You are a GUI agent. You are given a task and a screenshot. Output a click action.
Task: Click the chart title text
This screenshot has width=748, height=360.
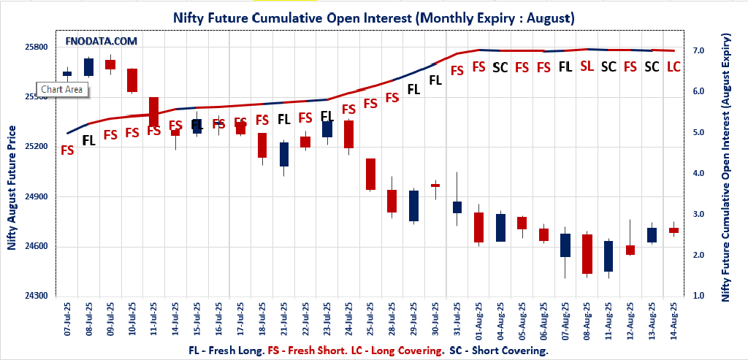[373, 16]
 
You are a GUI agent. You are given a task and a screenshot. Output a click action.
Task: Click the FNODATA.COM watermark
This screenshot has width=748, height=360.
[102, 42]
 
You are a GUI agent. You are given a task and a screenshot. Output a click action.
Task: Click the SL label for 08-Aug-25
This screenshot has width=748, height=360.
[587, 66]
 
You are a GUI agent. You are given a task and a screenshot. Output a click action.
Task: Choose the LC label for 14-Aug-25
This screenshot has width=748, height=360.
[673, 66]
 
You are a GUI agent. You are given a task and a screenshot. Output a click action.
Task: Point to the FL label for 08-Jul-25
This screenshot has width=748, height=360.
[88, 140]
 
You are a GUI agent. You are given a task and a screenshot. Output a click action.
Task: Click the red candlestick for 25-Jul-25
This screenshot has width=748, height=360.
[370, 174]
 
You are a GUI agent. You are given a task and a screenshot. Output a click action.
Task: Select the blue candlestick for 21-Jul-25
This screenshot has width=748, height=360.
[284, 154]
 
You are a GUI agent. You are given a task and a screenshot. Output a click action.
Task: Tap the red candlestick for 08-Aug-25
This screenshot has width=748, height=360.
[587, 254]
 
